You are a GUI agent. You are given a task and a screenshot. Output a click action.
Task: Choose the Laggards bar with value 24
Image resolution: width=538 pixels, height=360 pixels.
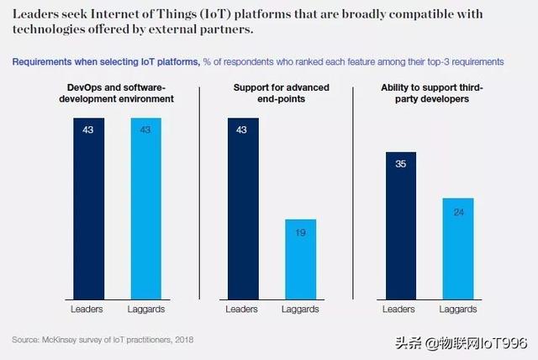458,249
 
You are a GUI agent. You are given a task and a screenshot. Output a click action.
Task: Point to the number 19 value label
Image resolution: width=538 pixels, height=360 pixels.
301,233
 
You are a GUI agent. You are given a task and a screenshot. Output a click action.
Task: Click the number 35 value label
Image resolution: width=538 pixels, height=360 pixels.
401,165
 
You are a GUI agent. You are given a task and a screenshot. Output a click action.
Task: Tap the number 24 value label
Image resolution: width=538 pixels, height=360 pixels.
458,212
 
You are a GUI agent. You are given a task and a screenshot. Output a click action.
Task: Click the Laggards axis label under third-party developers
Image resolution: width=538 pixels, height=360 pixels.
458,309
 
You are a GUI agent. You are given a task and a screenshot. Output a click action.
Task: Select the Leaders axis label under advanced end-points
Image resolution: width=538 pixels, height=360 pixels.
243,309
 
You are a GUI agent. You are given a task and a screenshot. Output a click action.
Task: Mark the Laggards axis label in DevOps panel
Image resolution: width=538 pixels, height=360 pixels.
145,309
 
